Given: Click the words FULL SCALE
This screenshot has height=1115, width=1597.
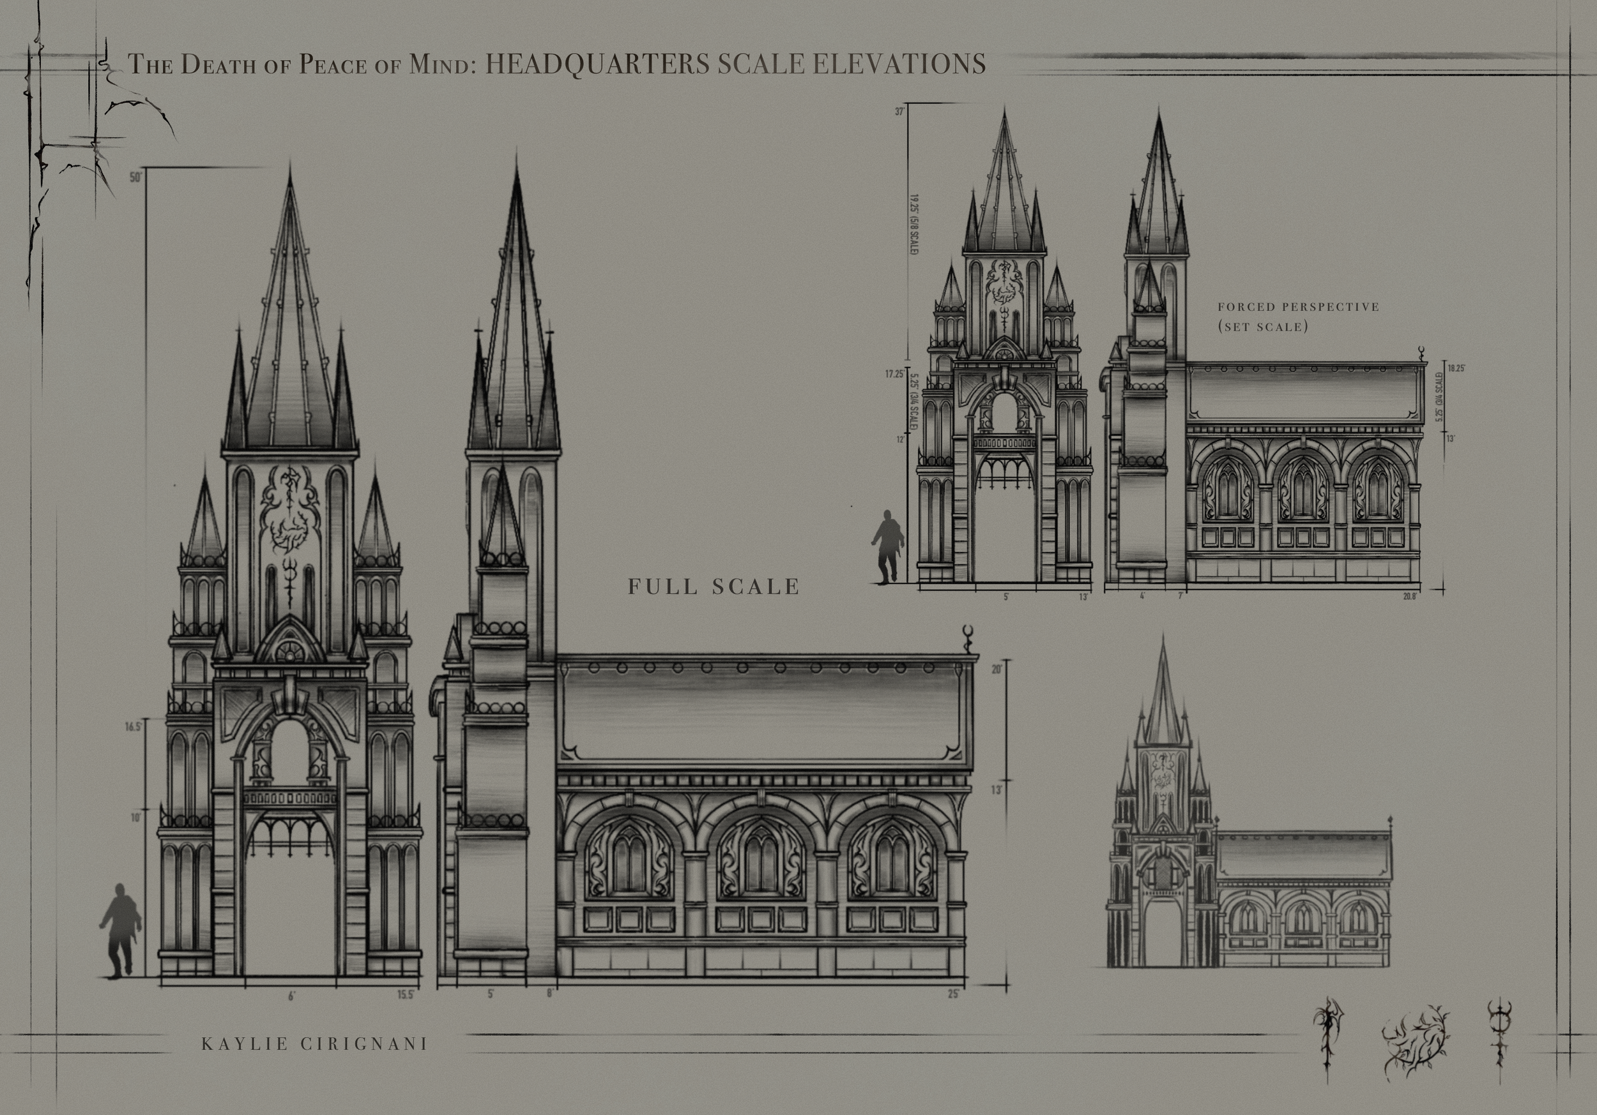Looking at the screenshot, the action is pos(714,587).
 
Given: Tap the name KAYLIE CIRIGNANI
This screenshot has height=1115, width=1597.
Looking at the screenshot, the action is pos(314,1044).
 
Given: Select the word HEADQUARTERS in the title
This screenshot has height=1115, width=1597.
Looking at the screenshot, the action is pos(596,63).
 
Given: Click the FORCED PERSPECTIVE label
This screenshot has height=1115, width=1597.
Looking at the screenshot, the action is pos(1298,306).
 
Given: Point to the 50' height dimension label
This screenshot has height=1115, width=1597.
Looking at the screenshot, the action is pos(135,177).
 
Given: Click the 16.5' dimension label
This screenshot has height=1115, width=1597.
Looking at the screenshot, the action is pos(134,726).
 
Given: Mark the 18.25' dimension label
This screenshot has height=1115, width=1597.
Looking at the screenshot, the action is pos(1456,368).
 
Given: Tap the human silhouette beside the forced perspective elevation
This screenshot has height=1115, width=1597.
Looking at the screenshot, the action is pos(888,546).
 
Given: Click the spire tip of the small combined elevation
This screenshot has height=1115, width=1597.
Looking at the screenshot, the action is pos(1161,638).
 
